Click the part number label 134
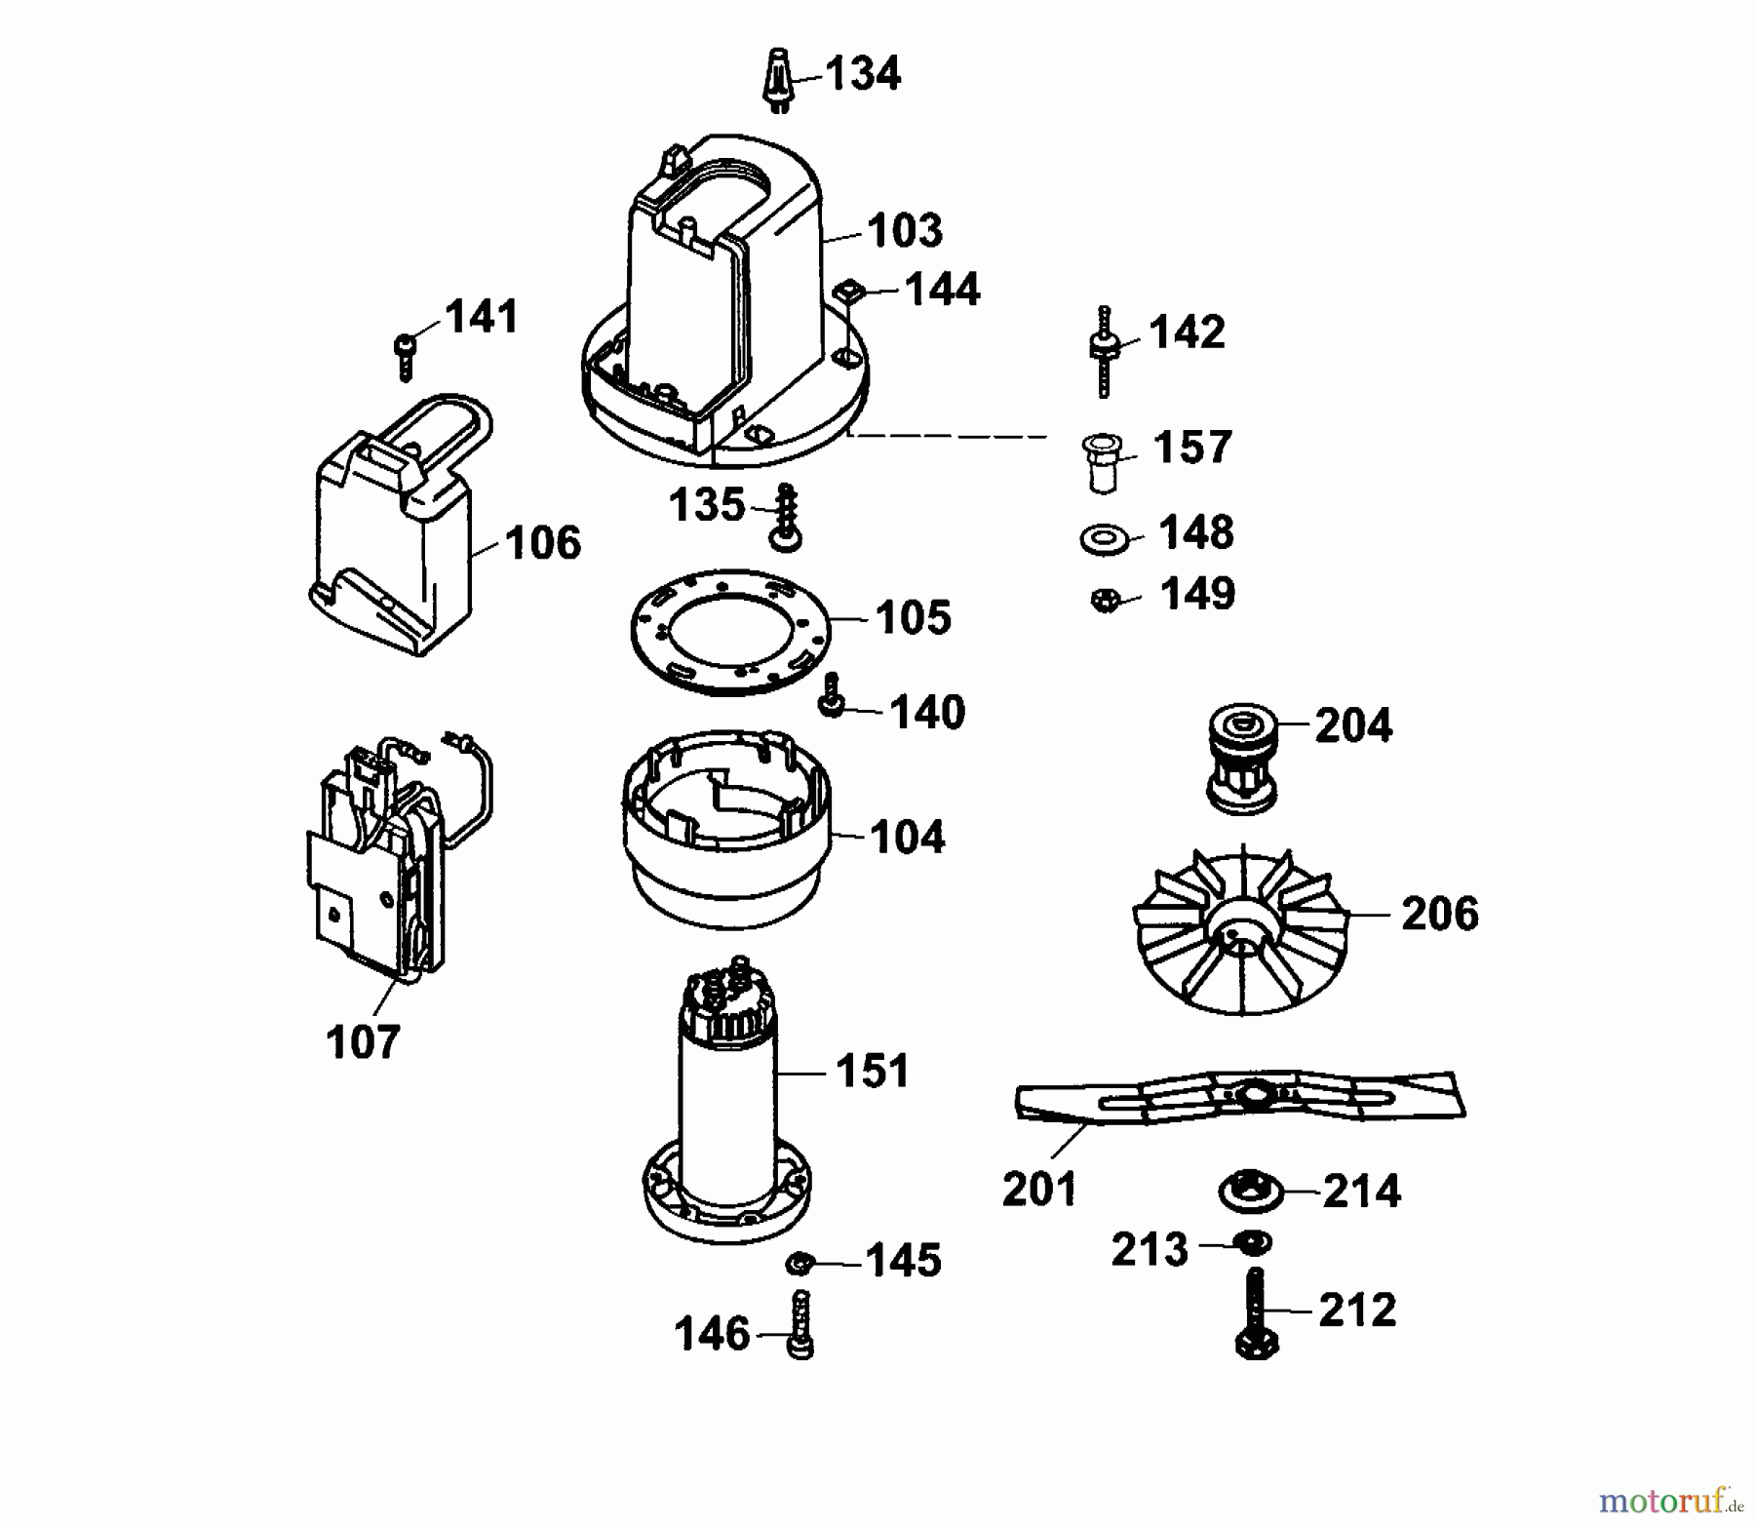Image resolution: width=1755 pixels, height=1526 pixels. point(863,74)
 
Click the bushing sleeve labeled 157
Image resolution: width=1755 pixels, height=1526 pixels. point(1102,462)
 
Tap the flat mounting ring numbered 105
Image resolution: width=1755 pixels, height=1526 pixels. point(730,631)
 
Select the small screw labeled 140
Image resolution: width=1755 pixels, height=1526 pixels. point(833,695)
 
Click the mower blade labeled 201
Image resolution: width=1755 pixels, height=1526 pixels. point(1240,1099)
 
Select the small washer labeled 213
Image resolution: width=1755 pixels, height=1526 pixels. point(1251,1243)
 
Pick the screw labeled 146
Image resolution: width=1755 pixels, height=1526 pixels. point(800,1323)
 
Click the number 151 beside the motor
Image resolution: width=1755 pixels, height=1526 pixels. point(873,1071)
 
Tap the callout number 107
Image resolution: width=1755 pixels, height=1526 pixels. point(363,1042)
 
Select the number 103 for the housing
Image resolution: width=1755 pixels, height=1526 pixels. point(905,231)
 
